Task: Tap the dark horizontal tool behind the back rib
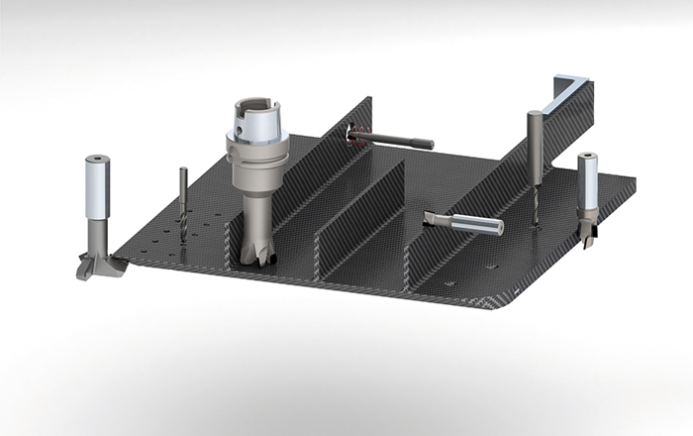(401, 141)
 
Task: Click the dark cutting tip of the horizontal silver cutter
(433, 216)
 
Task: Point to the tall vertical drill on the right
(535, 149)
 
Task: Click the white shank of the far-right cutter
(588, 183)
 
